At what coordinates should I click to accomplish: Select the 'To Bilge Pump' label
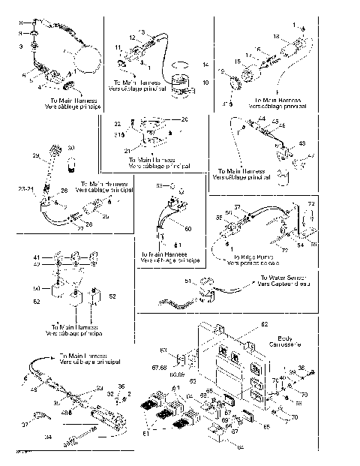(x=246, y=257)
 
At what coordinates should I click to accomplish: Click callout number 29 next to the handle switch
(x=35, y=155)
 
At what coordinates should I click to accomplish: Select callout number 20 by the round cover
(x=186, y=119)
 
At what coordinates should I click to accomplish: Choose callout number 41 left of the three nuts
(x=34, y=257)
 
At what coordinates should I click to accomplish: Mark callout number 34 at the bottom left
(x=49, y=435)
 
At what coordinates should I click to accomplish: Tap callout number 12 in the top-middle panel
(x=132, y=38)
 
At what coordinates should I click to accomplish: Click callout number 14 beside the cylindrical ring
(x=206, y=66)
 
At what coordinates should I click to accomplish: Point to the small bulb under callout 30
(x=72, y=164)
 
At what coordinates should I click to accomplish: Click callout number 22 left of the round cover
(x=117, y=123)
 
